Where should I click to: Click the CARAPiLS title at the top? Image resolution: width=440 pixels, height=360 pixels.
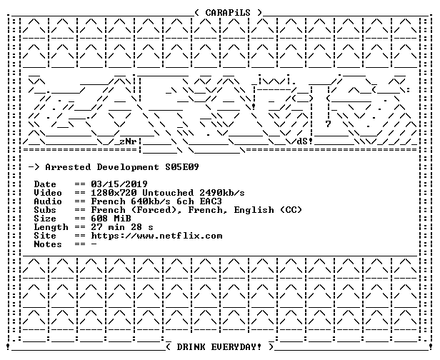point(228,13)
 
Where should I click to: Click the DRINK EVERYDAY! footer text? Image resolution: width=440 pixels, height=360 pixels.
point(219,347)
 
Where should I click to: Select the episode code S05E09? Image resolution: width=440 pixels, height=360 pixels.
point(182,167)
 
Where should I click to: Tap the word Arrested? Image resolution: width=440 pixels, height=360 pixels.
point(68,167)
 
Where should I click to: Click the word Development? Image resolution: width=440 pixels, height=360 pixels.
point(128,168)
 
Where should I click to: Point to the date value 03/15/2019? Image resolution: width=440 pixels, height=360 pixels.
point(119,184)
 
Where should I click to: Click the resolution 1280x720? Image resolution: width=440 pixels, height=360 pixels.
point(114,193)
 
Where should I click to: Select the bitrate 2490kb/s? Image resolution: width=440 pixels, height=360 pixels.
point(221,193)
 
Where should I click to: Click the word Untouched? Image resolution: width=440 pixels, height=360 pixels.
point(168,193)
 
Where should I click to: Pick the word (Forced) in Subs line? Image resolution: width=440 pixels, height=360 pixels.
point(156,210)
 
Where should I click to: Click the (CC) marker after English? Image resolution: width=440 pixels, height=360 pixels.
point(291,210)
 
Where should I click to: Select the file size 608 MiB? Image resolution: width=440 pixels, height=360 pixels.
point(111,219)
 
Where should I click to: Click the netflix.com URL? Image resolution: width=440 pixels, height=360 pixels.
point(156,236)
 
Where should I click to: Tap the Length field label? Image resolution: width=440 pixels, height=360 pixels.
point(51,227)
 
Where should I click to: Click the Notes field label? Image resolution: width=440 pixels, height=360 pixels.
point(48,244)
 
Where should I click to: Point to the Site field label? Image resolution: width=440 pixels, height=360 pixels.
point(45,236)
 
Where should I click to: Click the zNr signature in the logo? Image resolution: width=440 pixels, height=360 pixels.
point(128,141)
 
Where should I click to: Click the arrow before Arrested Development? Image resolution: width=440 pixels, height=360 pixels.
point(34,167)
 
